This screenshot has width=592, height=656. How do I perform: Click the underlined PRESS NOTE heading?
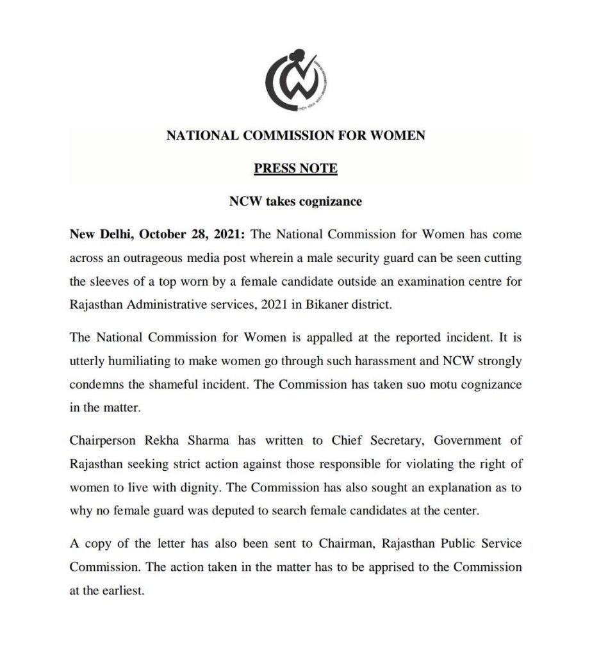pos(295,169)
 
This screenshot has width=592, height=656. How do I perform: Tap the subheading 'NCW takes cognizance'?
pos(295,202)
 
